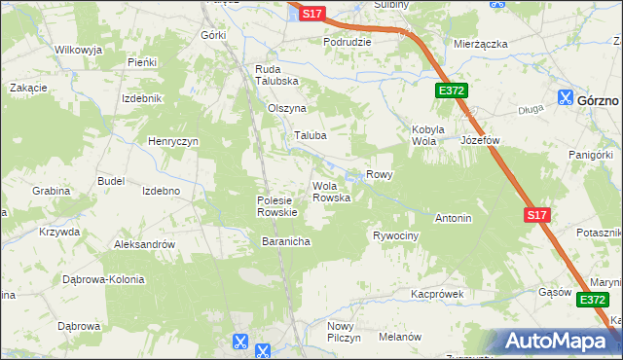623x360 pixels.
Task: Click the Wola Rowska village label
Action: pos(330,192)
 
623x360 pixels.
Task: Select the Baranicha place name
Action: pos(285,240)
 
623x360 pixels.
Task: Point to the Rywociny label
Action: pos(395,236)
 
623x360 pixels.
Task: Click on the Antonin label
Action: pos(454,218)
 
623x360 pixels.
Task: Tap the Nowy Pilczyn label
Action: pos(344,331)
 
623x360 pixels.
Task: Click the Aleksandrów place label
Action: pos(144,245)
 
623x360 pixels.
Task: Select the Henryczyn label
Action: pos(173,142)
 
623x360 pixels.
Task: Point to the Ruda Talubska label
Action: pos(276,75)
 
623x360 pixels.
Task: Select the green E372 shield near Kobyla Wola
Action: pos(452,90)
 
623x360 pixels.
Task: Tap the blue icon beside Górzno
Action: pos(566,97)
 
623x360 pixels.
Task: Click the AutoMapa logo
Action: pos(559,342)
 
